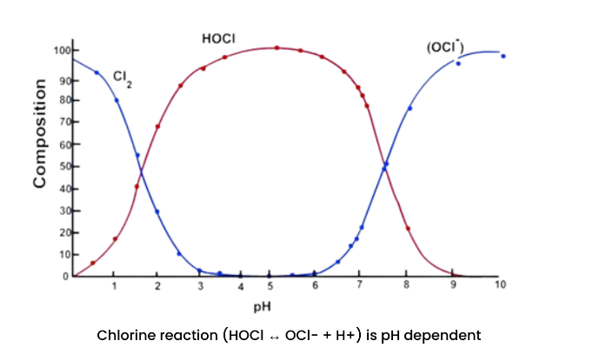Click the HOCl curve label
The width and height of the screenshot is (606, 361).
218,39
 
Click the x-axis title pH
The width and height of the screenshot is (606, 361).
262,306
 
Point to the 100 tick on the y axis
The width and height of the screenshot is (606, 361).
62,50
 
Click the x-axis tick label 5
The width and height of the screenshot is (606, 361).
271,286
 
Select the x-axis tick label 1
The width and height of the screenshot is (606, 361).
114,286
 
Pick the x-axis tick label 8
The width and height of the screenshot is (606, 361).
406,286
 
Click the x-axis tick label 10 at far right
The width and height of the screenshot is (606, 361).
500,286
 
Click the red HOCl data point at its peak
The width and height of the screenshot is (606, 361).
277,48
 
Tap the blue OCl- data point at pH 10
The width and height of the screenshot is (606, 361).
503,57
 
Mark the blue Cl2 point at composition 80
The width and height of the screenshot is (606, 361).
116,100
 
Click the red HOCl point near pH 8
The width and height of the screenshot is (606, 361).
408,228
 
